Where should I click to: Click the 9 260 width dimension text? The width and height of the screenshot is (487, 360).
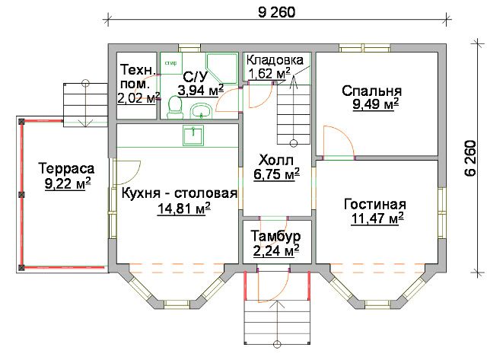coord(276,12)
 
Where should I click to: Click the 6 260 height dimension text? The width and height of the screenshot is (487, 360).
coord(470,158)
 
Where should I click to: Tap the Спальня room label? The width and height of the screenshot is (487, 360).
coord(372,91)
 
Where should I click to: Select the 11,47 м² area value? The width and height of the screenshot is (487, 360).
coord(377,218)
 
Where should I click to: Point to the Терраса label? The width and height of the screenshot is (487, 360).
coord(66,169)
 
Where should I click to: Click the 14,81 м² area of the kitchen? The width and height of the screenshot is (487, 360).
coord(184,209)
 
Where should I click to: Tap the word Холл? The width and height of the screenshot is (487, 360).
coord(276,161)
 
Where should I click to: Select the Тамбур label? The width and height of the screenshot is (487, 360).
coord(275,237)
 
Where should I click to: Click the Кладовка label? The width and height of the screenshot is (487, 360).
coord(275,60)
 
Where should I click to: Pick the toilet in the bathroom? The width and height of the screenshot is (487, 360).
coord(175,107)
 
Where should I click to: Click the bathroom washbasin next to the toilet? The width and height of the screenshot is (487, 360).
coord(201,111)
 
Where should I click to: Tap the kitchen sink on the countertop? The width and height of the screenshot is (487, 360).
coord(193,135)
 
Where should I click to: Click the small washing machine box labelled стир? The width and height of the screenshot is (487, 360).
coord(171,63)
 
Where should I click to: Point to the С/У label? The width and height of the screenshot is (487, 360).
coord(196,76)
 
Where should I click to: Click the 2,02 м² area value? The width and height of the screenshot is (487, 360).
coord(138,98)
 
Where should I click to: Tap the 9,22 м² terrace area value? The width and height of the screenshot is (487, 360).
coord(68,183)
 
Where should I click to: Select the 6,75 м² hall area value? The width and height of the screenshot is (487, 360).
coord(276,174)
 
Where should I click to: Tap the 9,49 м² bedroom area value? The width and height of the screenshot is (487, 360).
coord(375,104)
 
